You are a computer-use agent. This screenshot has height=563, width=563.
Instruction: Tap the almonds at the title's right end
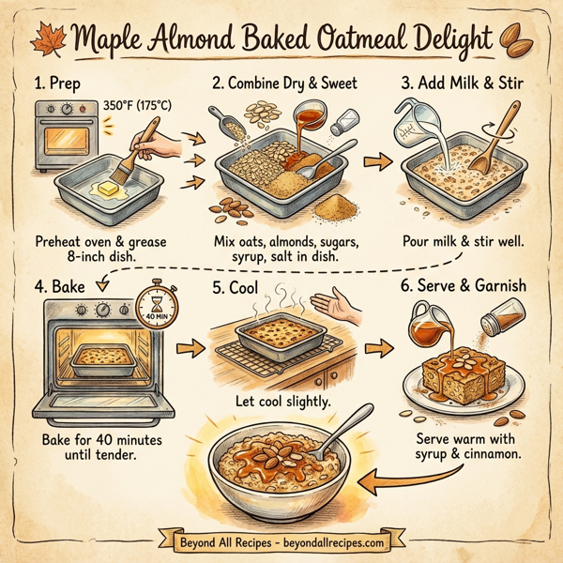519,42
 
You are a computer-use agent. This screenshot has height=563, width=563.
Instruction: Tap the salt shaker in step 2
345,121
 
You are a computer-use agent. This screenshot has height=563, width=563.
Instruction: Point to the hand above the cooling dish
337,304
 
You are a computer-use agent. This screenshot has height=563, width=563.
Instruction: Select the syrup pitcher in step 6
424,324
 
